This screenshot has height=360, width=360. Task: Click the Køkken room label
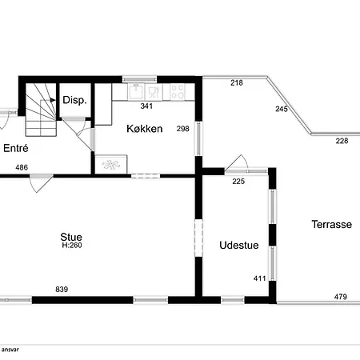point(145,129)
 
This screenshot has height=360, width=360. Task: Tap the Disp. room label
point(74,100)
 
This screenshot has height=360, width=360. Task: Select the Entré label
point(16,148)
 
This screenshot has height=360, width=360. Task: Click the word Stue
point(71,237)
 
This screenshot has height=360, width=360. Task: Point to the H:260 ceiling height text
point(72,246)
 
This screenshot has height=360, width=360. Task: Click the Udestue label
point(239,246)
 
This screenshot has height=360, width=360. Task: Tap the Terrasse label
point(332,224)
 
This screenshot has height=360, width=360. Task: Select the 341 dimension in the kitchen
point(146,106)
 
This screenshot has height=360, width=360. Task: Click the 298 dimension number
point(183,129)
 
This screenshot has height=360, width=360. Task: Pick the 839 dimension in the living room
point(62,290)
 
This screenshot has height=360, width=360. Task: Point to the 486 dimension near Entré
point(22,167)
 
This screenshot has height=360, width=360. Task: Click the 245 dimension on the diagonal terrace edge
point(282,109)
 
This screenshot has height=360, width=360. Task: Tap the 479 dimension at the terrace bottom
point(341,297)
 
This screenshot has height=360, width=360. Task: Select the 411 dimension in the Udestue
point(259,278)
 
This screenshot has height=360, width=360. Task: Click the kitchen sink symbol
point(136,92)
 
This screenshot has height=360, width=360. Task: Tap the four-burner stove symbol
point(178,92)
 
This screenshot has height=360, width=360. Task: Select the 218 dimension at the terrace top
point(237,83)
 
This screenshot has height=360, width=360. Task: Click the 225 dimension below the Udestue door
point(238,182)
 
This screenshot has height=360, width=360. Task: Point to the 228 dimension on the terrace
point(342,141)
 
